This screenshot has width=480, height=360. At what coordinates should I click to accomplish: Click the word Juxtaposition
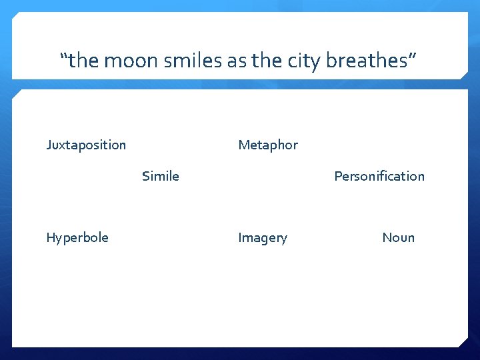pyautogui.click(x=86, y=145)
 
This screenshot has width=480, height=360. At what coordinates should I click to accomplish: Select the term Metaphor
pyautogui.click(x=268, y=145)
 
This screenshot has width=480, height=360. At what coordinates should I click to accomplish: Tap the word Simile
pyautogui.click(x=161, y=176)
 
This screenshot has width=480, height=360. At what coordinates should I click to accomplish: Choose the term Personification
pyautogui.click(x=379, y=176)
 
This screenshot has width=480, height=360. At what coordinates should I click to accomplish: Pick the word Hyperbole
pyautogui.click(x=77, y=237)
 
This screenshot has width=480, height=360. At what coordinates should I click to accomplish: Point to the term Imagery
pyautogui.click(x=263, y=237)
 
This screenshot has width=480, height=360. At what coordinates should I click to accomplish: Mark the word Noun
pyautogui.click(x=398, y=237)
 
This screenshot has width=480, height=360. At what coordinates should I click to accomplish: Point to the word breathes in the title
pyautogui.click(x=367, y=61)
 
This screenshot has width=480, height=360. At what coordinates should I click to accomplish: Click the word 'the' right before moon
pyautogui.click(x=83, y=61)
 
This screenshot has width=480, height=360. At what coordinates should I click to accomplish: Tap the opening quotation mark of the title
pyautogui.click(x=64, y=57)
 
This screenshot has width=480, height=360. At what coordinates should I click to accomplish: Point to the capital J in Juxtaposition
pyautogui.click(x=49, y=145)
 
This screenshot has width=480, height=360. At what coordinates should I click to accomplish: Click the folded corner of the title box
pyautogui.click(x=463, y=75)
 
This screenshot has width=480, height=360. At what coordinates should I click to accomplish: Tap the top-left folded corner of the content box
pyautogui.click(x=17, y=94)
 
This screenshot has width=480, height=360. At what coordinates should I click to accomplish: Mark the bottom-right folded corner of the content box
pyautogui.click(x=463, y=342)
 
